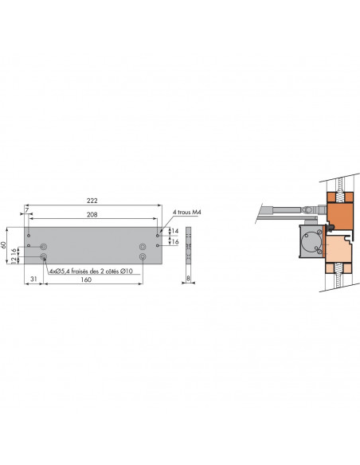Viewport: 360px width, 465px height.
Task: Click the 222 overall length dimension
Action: (92, 201)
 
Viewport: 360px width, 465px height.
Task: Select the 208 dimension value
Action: (92, 214)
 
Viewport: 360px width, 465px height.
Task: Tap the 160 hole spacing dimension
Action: (86, 279)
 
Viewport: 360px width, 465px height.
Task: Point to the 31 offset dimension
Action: (33, 279)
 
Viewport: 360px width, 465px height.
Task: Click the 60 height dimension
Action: (3, 245)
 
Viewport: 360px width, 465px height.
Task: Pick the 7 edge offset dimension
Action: (27, 210)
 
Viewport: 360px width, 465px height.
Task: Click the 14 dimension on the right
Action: (175, 231)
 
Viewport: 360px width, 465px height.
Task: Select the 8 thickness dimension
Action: (188, 279)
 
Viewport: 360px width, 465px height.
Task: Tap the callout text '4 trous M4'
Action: (187, 212)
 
